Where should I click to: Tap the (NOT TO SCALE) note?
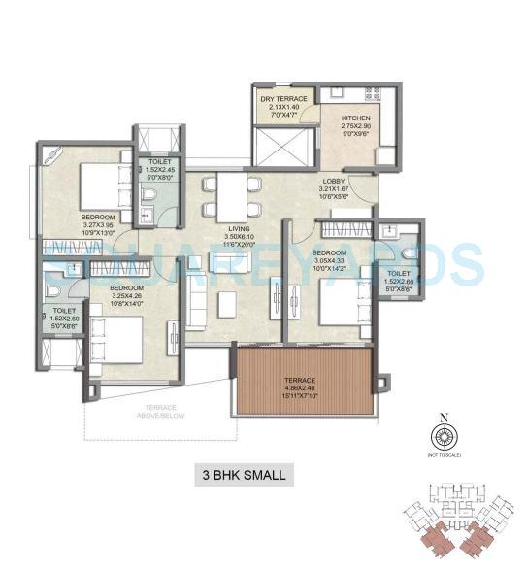point(444,454)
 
